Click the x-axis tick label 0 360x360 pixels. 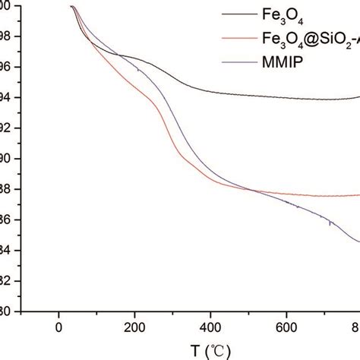click(x=58, y=328)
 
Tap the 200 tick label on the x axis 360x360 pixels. click(x=134, y=328)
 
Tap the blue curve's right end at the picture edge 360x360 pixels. click(x=358, y=242)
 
